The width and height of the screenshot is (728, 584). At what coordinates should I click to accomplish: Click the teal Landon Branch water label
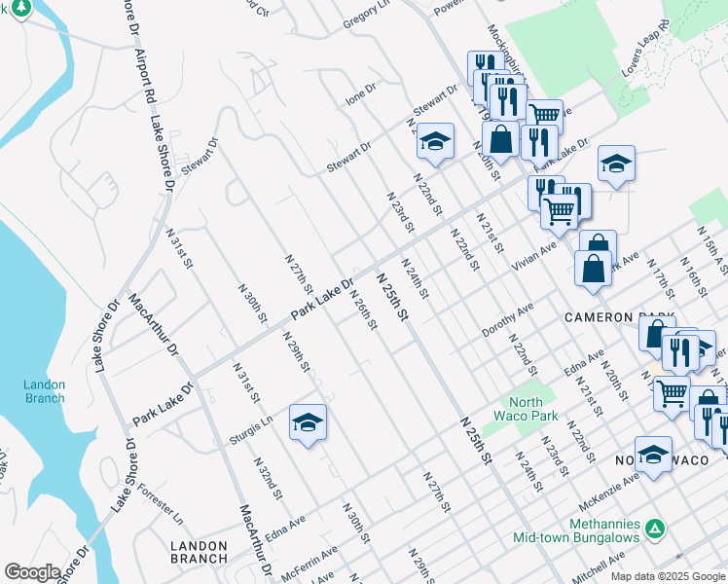44,391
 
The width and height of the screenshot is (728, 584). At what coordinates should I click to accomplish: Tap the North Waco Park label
533,409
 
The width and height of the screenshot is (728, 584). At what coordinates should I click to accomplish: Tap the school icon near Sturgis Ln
308,423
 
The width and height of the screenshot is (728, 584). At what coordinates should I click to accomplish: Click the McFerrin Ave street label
309,566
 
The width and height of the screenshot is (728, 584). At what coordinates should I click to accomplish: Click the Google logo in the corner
32,572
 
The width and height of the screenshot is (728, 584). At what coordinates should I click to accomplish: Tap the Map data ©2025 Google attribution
667,576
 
